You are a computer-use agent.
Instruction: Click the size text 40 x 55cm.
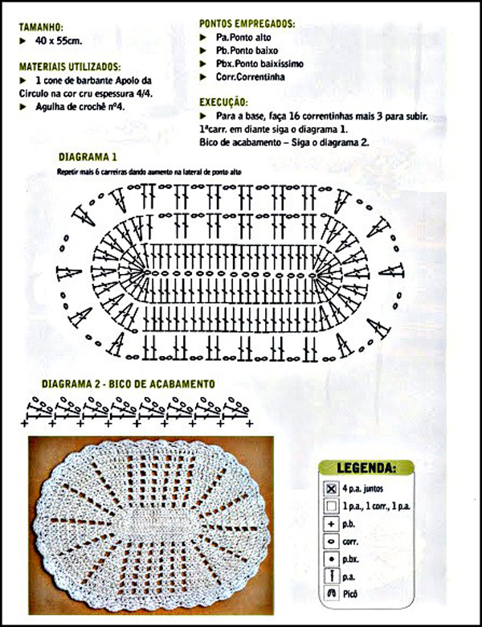coord(60,39)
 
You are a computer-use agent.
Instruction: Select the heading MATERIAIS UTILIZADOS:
coord(70,67)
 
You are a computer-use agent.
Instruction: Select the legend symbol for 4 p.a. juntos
coord(331,489)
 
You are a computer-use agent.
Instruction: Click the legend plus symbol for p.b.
coord(331,523)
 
